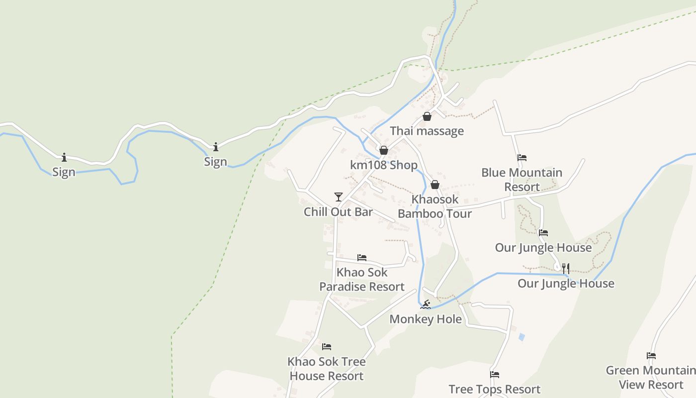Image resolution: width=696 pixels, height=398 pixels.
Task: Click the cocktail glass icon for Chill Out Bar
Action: pos(339,197)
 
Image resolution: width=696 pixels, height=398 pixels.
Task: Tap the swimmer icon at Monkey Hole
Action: pos(425,304)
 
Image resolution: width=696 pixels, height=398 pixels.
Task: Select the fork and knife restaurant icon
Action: pos(566,269)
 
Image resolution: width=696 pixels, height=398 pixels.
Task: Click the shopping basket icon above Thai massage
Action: pos(427,116)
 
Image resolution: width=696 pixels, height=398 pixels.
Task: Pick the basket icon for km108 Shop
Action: pos(383,150)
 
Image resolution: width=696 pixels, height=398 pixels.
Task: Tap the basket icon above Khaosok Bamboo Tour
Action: pos(435,185)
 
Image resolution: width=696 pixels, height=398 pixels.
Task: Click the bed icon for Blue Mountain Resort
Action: pos(522,158)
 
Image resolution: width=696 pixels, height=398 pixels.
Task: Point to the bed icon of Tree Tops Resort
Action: pos(494,375)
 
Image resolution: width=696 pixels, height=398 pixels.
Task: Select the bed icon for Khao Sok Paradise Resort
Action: pos(362,258)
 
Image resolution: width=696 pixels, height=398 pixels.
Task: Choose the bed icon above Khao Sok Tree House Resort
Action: pos(327,347)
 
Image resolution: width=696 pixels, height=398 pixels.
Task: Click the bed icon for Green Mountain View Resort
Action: pos(651,356)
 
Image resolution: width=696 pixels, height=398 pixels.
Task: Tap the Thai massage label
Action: pos(427,131)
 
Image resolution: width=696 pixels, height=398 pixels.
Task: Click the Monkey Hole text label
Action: pos(426,319)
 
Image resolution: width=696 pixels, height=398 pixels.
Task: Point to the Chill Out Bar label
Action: pos(338,212)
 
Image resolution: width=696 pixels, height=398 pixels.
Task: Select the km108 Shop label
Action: pos(383,165)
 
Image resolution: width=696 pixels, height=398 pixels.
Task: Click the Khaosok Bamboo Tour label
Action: pos(435,206)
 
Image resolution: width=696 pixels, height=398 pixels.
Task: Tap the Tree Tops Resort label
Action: pos(494,389)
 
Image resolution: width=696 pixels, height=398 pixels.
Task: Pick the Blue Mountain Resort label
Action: pos(522,180)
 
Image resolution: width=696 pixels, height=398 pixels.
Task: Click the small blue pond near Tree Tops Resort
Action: pos(522,337)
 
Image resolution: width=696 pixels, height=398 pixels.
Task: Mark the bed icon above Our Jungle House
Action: pos(543,232)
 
